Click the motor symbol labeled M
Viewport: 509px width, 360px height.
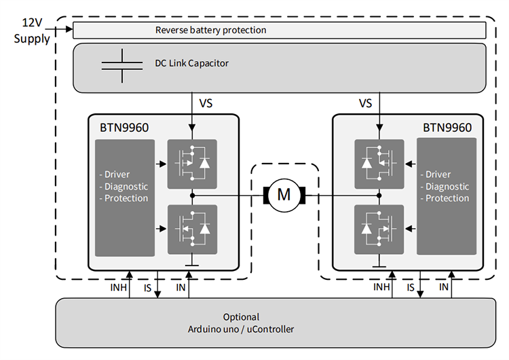284,196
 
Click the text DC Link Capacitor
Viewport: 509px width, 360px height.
191,63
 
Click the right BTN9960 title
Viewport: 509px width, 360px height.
447,126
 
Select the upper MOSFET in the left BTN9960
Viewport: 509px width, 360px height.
192,164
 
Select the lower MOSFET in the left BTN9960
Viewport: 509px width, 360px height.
192,229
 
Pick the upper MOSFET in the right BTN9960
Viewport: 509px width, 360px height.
379,164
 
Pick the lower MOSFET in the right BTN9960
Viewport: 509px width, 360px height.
379,229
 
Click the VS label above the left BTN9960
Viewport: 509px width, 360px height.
206,104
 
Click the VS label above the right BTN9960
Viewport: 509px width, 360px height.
366,104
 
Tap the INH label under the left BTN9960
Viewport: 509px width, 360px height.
117,288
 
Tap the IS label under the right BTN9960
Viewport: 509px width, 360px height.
411,288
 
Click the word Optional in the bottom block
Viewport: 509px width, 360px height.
241,317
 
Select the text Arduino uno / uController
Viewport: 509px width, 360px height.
241,329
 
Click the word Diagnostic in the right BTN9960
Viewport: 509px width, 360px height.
446,186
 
